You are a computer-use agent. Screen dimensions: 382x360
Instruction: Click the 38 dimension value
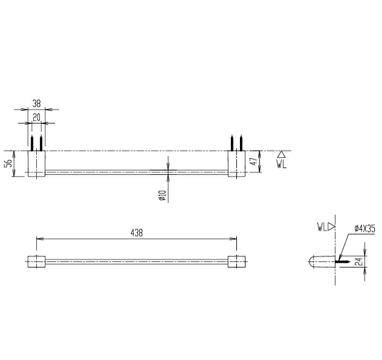(36, 103)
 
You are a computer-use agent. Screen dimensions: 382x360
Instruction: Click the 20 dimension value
(36, 118)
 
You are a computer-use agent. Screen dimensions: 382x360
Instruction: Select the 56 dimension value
(8, 163)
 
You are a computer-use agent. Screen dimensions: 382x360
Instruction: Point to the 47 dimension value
(254, 161)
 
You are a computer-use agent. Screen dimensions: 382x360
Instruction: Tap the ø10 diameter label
(163, 195)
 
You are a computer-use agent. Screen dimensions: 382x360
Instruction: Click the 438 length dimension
(137, 233)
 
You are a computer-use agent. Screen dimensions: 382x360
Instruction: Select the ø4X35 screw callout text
(364, 229)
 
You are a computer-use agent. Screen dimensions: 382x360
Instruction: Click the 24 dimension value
(360, 261)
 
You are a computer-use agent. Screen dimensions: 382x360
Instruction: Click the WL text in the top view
(282, 165)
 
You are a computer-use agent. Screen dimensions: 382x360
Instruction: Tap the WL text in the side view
(322, 227)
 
